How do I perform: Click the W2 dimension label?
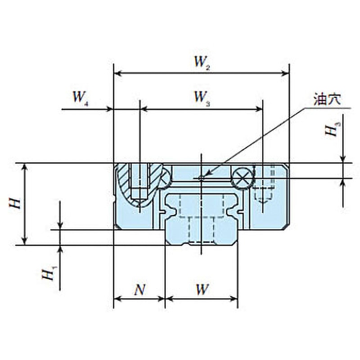click(x=202, y=63)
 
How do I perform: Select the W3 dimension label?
click(x=202, y=98)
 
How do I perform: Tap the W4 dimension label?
click(x=81, y=98)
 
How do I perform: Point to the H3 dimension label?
click(x=333, y=129)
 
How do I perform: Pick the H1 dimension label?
click(x=49, y=273)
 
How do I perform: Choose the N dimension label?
click(x=139, y=289)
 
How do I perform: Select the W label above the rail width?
click(x=202, y=289)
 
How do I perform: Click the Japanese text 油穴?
click(x=327, y=99)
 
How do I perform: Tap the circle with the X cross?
click(x=243, y=178)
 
